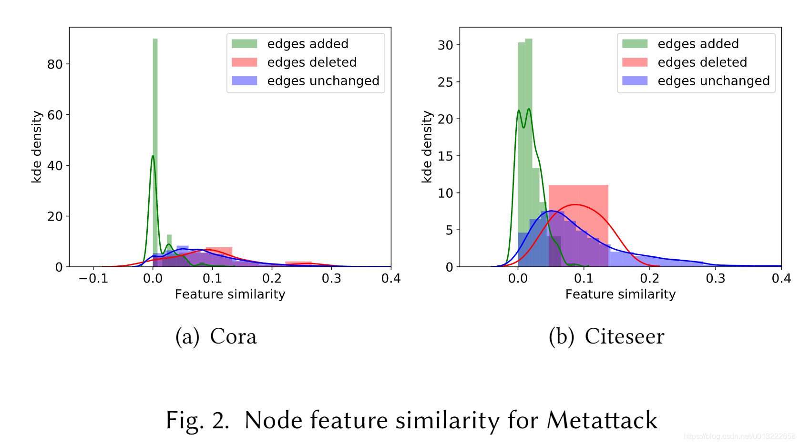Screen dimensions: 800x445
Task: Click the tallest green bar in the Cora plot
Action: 155,152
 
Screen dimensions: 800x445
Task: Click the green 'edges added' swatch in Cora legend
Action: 244,44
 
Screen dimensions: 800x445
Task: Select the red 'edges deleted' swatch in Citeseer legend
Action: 635,62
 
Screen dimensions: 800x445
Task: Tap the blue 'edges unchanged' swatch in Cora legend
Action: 244,81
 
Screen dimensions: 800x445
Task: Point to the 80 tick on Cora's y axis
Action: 55,64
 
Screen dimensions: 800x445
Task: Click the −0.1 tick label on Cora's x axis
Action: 93,278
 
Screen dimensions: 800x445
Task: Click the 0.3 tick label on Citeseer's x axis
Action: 715,278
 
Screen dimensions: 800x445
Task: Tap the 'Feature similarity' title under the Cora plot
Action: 230,294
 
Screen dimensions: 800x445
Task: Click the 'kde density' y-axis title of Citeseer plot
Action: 427,147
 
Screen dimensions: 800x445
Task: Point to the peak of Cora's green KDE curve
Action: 153,156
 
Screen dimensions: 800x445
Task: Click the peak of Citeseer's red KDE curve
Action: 575,204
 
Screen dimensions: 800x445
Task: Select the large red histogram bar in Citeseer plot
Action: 579,225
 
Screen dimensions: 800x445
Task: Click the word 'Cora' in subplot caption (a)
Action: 233,336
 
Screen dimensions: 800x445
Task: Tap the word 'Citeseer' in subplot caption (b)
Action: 624,336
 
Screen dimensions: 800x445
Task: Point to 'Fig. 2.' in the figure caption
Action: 197,420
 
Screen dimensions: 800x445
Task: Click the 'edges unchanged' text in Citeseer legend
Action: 714,81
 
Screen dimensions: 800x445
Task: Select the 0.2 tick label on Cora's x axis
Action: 272,278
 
